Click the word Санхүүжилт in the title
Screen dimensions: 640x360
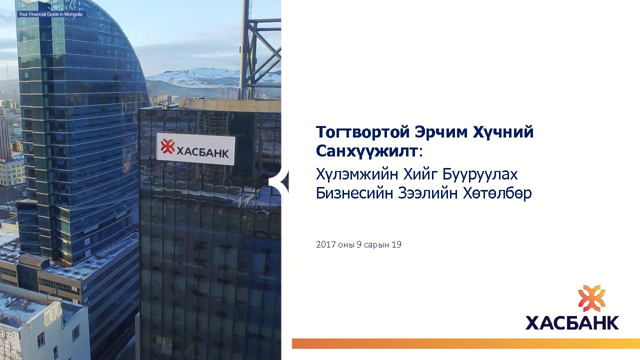pyautogui.click(x=366, y=151)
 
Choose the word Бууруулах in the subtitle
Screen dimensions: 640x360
pyautogui.click(x=480, y=174)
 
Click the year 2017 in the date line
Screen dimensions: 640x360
pyautogui.click(x=325, y=244)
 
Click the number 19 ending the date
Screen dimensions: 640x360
pyautogui.click(x=397, y=244)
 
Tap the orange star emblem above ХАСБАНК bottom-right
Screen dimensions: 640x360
pyautogui.click(x=591, y=298)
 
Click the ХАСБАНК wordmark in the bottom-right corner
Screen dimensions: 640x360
pyautogui.click(x=572, y=322)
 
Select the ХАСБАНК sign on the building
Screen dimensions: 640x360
pyautogui.click(x=195, y=149)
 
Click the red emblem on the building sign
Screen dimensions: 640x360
pyautogui.click(x=167, y=146)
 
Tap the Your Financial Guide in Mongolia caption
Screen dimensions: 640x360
pyautogui.click(x=50, y=14)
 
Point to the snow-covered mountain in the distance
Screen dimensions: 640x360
pyautogui.click(x=200, y=75)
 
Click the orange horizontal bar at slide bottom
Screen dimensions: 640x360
pyautogui.click(x=466, y=343)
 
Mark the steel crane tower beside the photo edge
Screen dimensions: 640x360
pyautogui.click(x=258, y=48)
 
